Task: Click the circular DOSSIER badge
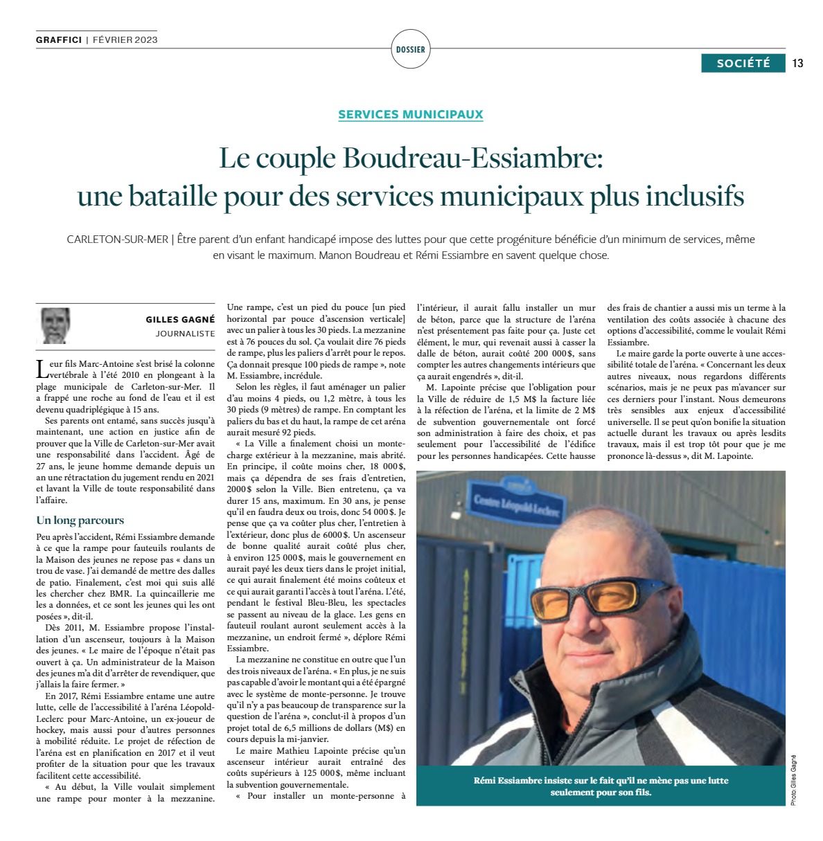(x=411, y=49)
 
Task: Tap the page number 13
(x=797, y=63)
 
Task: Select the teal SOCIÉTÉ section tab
(x=743, y=63)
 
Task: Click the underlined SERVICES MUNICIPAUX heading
(x=411, y=114)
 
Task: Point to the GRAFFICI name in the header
(x=59, y=39)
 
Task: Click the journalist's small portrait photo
(x=56, y=325)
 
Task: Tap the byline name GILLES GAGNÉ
(x=180, y=319)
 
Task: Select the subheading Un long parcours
(x=80, y=520)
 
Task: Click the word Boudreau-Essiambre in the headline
(x=474, y=159)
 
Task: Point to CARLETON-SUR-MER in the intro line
(x=117, y=239)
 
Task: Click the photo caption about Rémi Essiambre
(x=601, y=786)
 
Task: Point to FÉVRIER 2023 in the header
(x=125, y=39)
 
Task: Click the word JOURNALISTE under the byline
(x=185, y=334)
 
